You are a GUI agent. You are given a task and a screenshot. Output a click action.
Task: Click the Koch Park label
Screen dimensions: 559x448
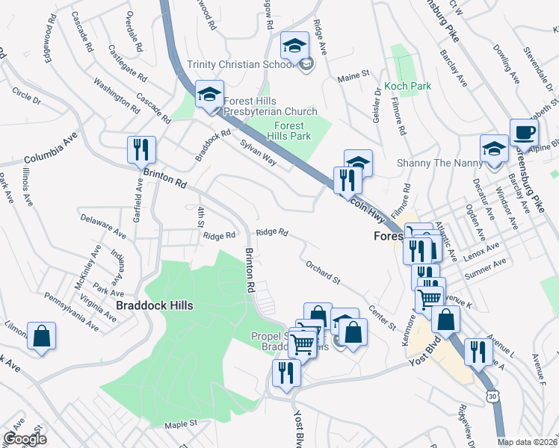click(407, 87)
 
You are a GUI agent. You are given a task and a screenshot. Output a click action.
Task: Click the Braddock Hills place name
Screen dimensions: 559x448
click(155, 306)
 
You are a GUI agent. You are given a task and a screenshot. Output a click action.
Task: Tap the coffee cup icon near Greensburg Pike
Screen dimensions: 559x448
click(524, 133)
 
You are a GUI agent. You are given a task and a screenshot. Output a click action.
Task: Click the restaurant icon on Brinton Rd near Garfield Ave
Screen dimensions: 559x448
click(140, 149)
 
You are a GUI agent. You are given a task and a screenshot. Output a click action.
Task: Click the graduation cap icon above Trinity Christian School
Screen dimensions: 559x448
click(294, 46)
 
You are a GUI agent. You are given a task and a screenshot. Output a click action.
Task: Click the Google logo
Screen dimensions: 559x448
click(25, 439)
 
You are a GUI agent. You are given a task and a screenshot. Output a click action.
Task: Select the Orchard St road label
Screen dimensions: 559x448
click(323, 272)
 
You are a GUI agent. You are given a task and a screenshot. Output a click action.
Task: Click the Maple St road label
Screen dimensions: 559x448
click(180, 424)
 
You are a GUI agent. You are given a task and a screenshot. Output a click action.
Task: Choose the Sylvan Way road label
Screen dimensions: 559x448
click(259, 152)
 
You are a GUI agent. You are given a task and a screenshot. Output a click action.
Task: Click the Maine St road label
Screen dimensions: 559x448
click(354, 75)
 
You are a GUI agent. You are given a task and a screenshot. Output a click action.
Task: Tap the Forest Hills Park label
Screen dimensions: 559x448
click(289, 131)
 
